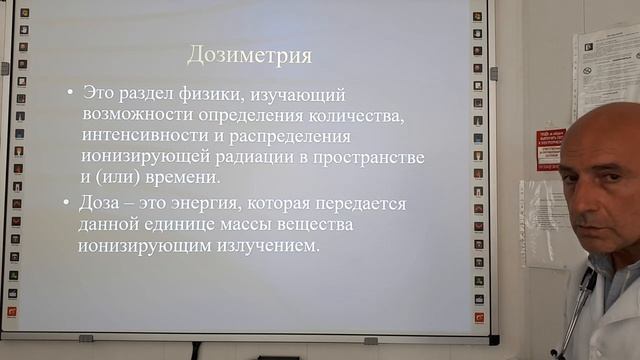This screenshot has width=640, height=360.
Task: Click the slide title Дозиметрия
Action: (x=250, y=54)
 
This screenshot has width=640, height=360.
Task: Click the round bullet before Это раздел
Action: (x=69, y=93)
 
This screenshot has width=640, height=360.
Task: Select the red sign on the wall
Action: (x=550, y=149)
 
